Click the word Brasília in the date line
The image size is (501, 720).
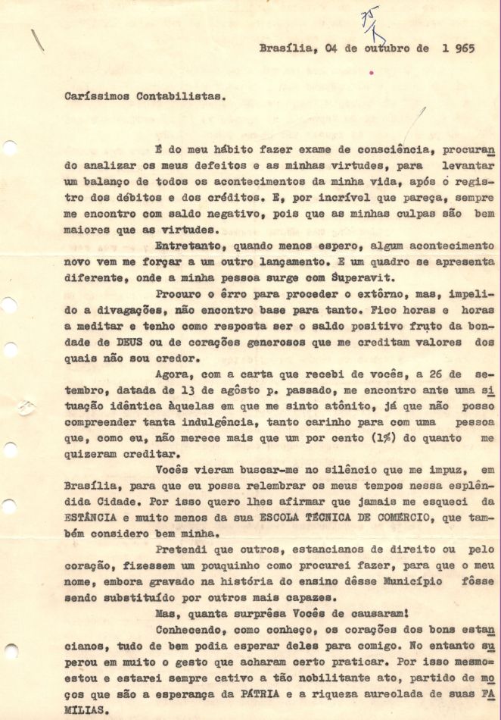[281, 47]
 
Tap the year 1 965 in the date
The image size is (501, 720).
[455, 47]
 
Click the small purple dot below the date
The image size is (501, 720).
[371, 74]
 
